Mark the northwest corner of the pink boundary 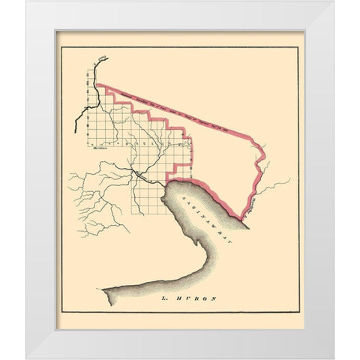[x=98, y=86]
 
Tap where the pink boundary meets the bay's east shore [x=246, y=218]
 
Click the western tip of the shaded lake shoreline [x=104, y=289]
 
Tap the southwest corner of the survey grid [x=134, y=214]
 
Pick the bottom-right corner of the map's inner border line [x=298, y=308]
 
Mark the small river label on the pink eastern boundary [x=253, y=200]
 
